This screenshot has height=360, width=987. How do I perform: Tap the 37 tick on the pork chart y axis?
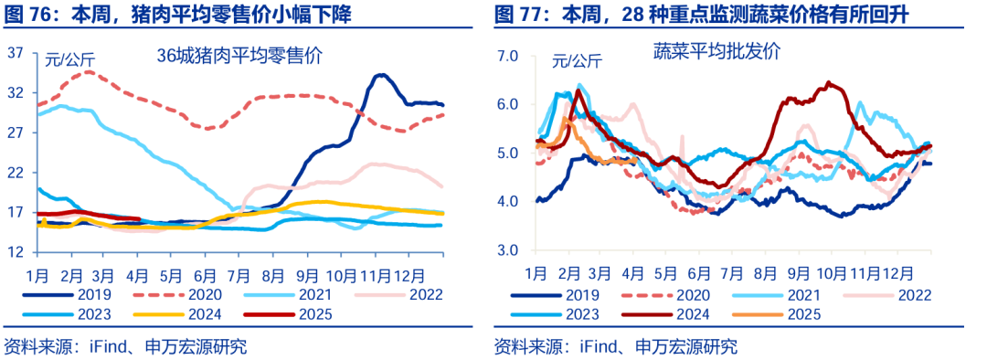[x=15, y=53]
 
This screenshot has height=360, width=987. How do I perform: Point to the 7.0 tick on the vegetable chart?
[x=505, y=57]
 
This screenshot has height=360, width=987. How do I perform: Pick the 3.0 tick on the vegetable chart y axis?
[x=505, y=249]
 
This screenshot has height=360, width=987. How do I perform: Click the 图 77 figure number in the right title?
[x=523, y=14]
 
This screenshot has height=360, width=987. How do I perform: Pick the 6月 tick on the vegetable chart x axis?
[x=699, y=272]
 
